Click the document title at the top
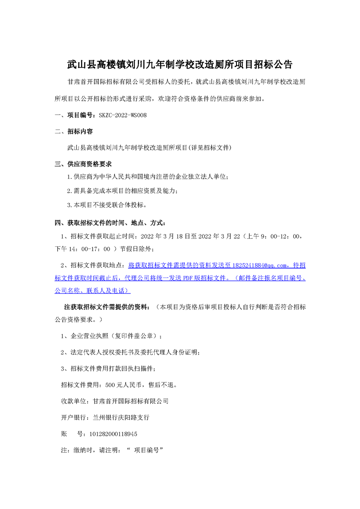180,64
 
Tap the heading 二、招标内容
74,132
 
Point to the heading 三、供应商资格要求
83,163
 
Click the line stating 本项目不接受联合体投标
106,205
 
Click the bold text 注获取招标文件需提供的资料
106,307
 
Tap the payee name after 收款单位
131,401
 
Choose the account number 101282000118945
108,434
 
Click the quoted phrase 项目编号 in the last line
146,450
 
